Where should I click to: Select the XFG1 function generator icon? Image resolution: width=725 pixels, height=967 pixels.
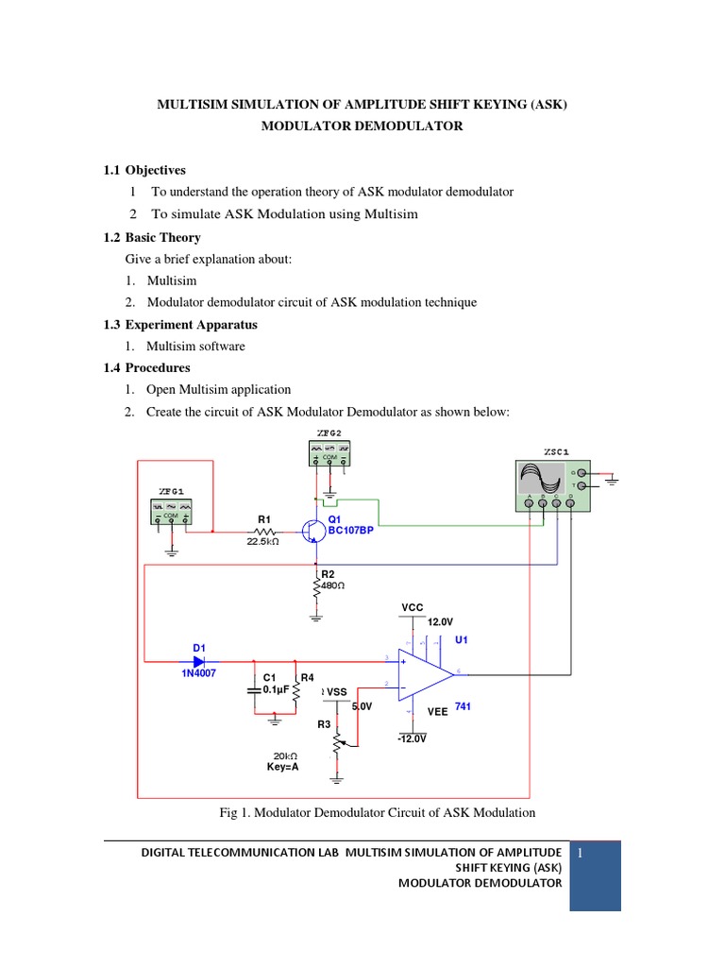(x=171, y=512)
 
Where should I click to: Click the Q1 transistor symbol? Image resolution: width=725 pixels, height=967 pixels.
(x=313, y=532)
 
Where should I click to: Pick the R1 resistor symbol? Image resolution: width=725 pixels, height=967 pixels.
(x=263, y=531)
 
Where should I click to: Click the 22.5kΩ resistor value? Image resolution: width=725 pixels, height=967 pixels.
(x=263, y=542)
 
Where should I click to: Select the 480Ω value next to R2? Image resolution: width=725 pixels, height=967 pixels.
(x=332, y=585)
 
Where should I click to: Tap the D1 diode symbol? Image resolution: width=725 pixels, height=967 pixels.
(x=200, y=661)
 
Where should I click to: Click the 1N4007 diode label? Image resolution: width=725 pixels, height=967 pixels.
(x=199, y=675)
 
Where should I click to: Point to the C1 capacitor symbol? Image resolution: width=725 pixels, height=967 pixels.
(x=255, y=690)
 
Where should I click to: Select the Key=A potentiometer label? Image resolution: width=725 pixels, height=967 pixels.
(x=282, y=767)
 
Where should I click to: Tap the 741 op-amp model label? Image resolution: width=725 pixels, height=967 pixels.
(x=463, y=706)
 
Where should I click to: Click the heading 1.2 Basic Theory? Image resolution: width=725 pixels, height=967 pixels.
(x=152, y=238)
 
